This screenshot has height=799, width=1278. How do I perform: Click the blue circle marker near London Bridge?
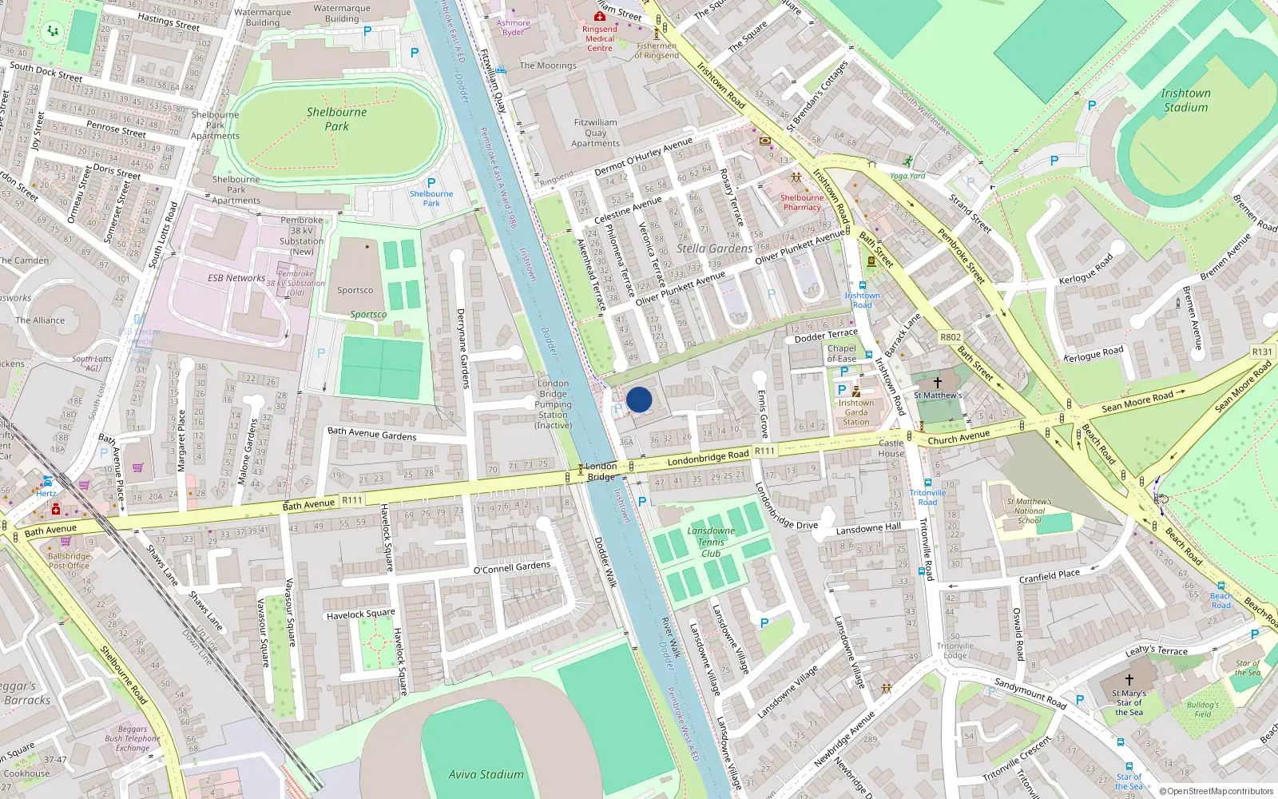(x=639, y=399)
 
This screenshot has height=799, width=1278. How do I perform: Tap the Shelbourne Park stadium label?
(x=336, y=119)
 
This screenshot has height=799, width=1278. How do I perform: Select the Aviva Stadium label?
(x=486, y=774)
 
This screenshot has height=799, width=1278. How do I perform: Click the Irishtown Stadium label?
(x=1185, y=100)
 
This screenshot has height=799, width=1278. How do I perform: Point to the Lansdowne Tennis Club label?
(x=710, y=542)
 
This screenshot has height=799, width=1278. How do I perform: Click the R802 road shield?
(x=951, y=337)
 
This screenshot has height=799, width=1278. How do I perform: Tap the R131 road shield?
(x=1262, y=352)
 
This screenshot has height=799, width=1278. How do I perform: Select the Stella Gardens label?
(x=714, y=248)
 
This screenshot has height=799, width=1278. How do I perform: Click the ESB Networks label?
(x=236, y=278)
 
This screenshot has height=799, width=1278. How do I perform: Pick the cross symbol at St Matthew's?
(x=938, y=383)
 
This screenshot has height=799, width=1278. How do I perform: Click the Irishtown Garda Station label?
(x=855, y=412)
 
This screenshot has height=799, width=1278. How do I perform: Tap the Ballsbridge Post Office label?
(x=69, y=560)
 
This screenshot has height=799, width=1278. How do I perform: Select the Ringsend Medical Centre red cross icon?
(x=599, y=16)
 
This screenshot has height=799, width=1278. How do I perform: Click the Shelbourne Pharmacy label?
(x=801, y=202)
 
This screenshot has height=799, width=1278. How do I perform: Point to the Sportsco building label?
(x=355, y=290)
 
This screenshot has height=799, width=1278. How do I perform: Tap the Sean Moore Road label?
(x=1137, y=401)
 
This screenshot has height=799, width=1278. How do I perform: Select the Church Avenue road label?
(x=958, y=437)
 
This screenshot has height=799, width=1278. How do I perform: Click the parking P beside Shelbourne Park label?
(x=431, y=183)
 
